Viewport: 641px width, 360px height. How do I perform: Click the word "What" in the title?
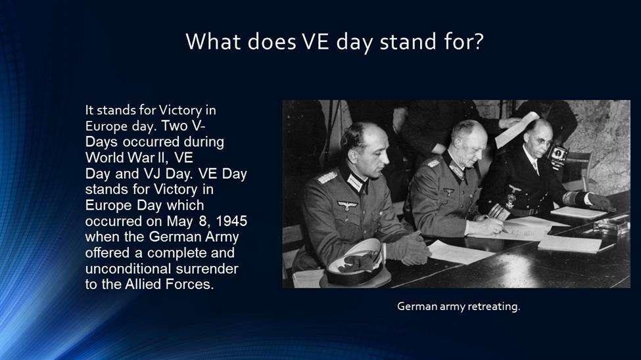[x=213, y=41]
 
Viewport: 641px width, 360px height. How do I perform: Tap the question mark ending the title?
[x=479, y=41]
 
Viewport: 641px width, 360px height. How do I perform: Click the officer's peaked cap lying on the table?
[x=356, y=263]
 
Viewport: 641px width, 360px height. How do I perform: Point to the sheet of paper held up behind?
[x=516, y=129]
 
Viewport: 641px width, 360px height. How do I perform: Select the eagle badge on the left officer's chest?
[x=347, y=205]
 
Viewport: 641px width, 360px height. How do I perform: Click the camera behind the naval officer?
[x=558, y=156]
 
